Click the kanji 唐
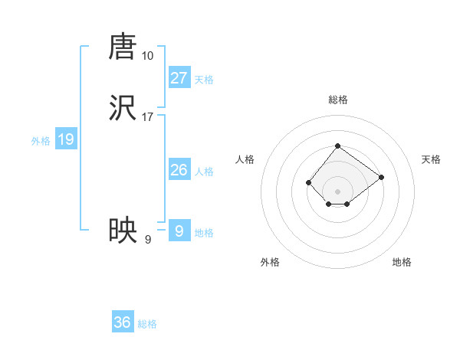[123, 47]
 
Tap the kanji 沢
[123, 110]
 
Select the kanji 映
[123, 231]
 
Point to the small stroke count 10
[148, 56]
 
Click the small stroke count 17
[148, 118]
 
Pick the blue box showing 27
[179, 78]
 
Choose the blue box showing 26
[179, 170]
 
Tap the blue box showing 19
[66, 139]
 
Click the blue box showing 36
[123, 322]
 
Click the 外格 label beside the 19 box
[41, 141]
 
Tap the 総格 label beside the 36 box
[148, 324]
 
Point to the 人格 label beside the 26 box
[204, 172]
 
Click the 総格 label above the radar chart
[337, 100]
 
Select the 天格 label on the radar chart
[431, 159]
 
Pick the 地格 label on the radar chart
[402, 262]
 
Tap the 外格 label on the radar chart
[270, 262]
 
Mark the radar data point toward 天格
[381, 177]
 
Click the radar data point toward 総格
[337, 146]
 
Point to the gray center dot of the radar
[337, 191]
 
